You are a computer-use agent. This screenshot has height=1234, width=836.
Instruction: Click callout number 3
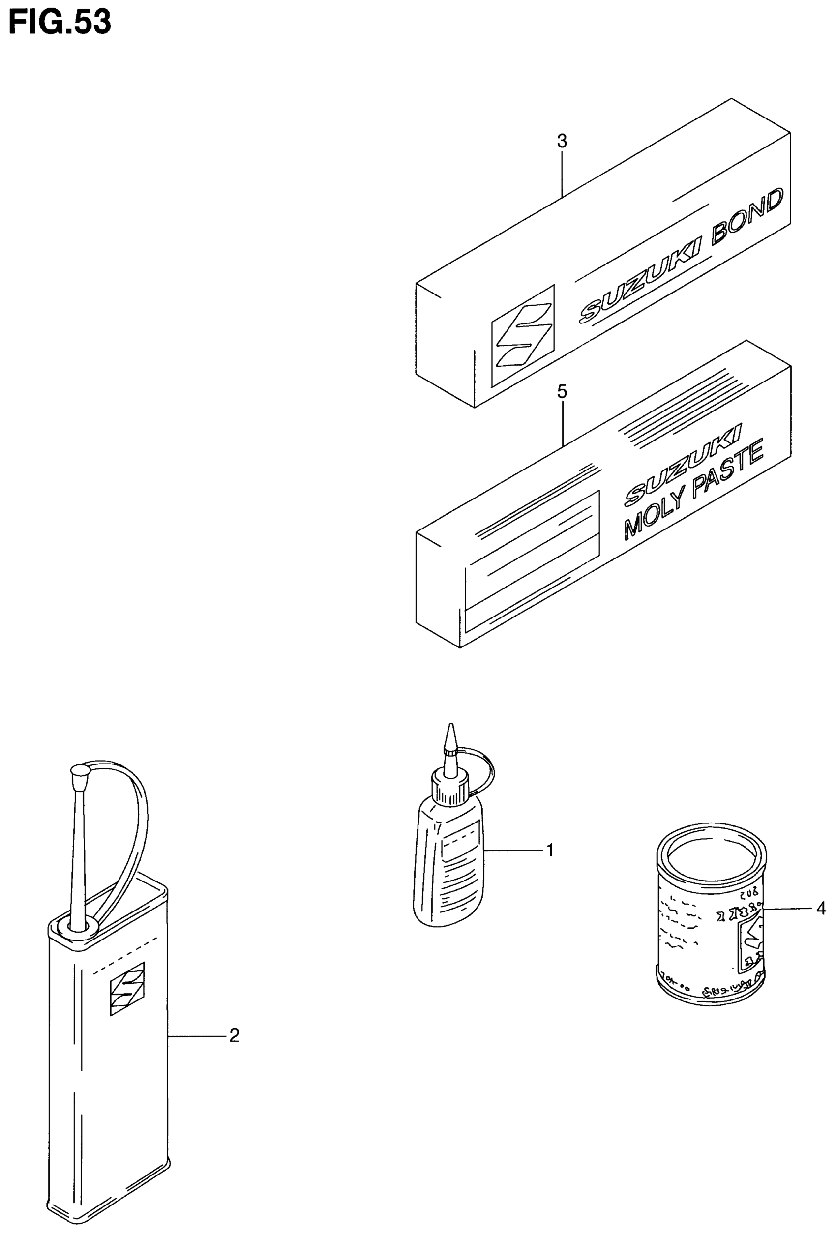(562, 141)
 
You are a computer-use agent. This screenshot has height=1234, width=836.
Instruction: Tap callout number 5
(562, 392)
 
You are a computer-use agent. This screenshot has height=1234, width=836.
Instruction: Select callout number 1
(550, 850)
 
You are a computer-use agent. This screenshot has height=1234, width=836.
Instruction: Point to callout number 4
(821, 909)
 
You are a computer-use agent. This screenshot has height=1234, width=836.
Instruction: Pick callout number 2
(234, 1035)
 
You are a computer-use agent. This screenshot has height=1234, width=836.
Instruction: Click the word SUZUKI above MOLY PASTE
(683, 462)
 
